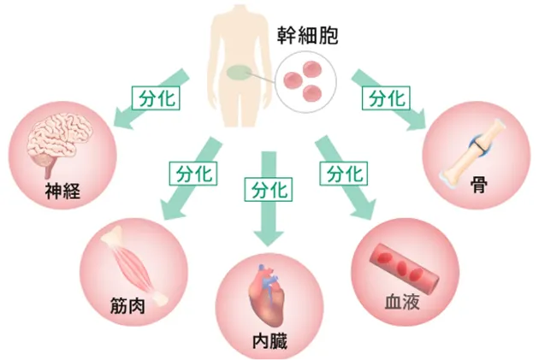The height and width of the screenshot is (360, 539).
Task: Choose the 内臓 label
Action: pyautogui.click(x=270, y=343)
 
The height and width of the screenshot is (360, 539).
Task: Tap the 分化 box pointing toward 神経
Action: pyautogui.click(x=154, y=97)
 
